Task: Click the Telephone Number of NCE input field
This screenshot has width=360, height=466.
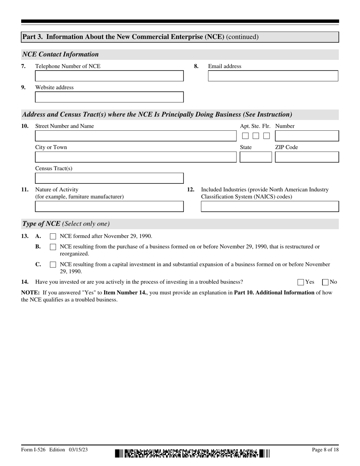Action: tap(109, 76)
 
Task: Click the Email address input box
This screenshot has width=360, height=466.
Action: tap(273, 76)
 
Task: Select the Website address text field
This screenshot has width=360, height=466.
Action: tap(109, 97)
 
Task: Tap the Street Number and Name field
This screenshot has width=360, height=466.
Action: tap(135, 136)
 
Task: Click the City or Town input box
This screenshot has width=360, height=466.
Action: tap(135, 157)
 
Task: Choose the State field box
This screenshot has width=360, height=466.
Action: tap(255, 157)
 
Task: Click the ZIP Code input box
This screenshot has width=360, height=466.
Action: tap(307, 157)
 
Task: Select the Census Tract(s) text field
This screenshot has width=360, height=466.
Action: tap(109, 178)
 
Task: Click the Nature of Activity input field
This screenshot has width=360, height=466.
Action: tap(109, 206)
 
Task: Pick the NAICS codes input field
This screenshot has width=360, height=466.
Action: tap(269, 206)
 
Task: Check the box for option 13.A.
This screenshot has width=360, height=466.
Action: tap(53, 236)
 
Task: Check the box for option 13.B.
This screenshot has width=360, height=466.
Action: tap(53, 247)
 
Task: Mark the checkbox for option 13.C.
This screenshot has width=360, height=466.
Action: tap(53, 265)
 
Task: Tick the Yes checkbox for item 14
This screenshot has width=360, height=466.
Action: tap(301, 282)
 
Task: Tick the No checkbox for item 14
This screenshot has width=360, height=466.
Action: tap(325, 282)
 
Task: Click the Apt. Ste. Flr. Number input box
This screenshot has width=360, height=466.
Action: tap(307, 136)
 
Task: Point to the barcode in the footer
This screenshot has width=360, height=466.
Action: tap(193, 453)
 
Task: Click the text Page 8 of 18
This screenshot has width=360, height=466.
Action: tap(325, 450)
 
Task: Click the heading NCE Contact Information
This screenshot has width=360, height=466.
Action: tap(61, 55)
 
